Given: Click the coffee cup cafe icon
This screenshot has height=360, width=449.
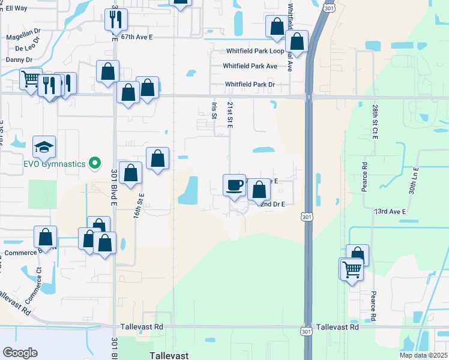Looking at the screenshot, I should pos(234,185).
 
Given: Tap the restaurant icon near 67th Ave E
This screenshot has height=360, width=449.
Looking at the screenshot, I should pos(115,19).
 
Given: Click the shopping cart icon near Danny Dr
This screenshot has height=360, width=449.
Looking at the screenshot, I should pos(29,79).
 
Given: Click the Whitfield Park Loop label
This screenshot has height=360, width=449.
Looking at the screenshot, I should pos(255,52).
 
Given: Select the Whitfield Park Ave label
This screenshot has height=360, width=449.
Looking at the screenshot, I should pos(250,66).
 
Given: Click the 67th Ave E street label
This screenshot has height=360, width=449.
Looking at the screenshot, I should pos(137,37).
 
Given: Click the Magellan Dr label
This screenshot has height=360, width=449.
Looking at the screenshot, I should pos(23,37).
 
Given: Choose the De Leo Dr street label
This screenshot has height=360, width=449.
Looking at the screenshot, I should pos(27,47).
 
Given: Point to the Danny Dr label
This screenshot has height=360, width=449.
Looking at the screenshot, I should pos(19,60).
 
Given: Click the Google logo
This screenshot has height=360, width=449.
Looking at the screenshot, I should pos(20,353).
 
